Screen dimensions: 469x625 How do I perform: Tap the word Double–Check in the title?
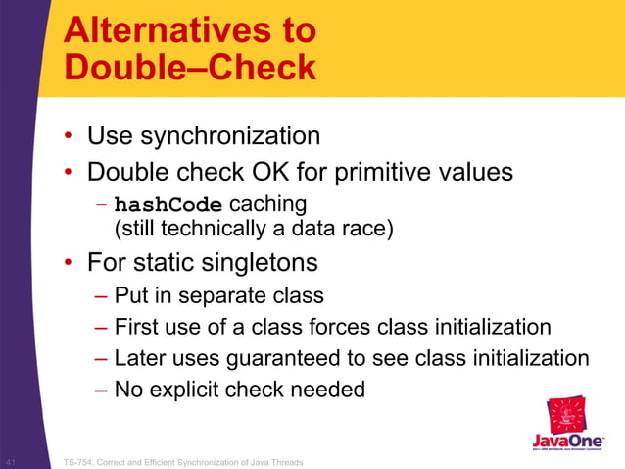(190, 68)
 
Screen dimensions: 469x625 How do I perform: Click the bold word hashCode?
(168, 205)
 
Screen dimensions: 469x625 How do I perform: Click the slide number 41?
(12, 461)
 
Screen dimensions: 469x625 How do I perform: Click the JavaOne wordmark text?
(568, 442)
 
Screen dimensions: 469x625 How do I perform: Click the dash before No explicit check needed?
(102, 390)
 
